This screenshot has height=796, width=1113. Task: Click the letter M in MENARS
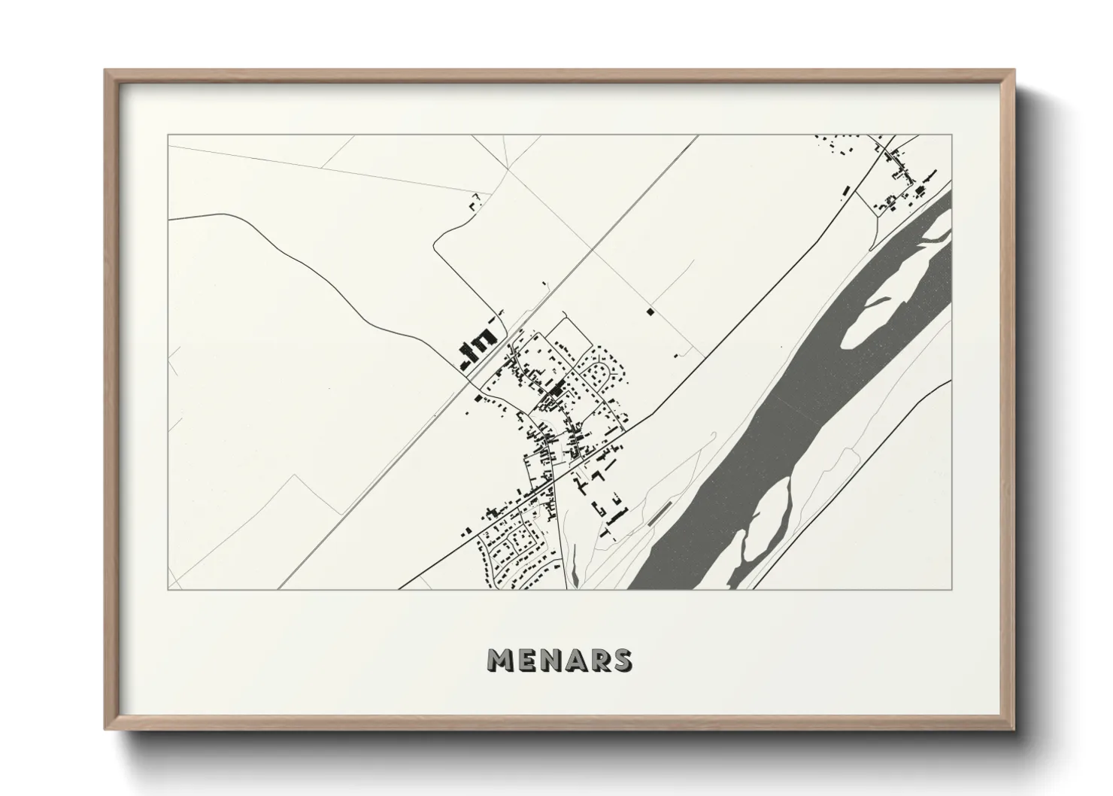[x=501, y=661]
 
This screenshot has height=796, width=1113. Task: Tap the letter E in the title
[x=529, y=661]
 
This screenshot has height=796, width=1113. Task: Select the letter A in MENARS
[x=578, y=661]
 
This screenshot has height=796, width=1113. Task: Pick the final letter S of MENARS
[x=623, y=661]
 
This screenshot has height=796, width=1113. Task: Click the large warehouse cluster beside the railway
[x=476, y=349]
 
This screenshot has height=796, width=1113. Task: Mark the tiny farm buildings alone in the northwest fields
[x=474, y=202]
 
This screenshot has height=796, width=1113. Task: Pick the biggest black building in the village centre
[x=558, y=388]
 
